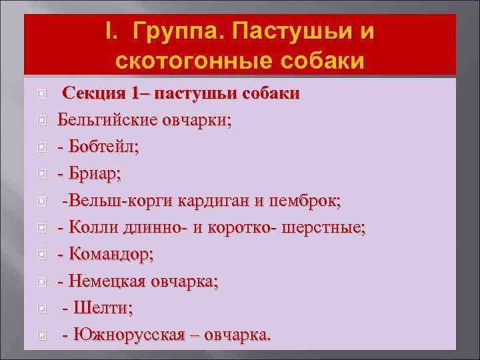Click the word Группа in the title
174,31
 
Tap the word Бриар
94,174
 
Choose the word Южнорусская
128,335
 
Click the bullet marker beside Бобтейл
41,147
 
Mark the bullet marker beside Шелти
41,309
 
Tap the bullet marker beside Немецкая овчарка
41,281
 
